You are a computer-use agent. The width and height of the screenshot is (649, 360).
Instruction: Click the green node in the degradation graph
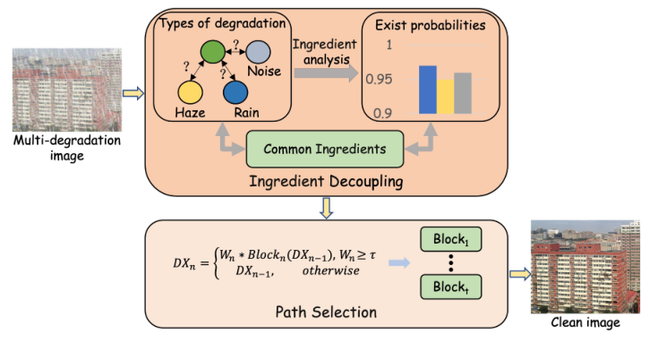coord(211,50)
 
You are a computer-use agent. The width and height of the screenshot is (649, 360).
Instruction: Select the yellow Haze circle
coord(189,91)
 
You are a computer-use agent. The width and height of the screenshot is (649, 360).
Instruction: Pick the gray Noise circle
coord(258,51)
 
